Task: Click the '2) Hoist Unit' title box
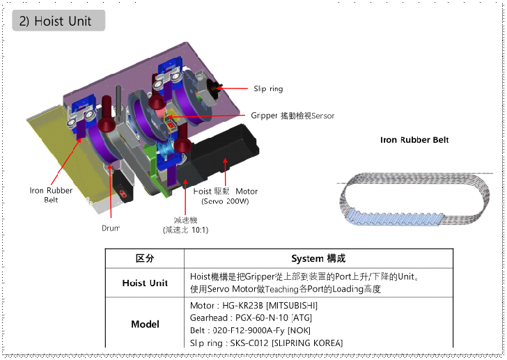click(x=59, y=21)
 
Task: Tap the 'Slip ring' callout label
click(x=268, y=89)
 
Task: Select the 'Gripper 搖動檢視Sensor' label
click(x=288, y=116)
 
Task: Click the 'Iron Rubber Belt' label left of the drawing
click(x=51, y=195)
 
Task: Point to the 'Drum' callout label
click(x=111, y=228)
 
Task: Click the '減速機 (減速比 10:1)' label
click(x=185, y=224)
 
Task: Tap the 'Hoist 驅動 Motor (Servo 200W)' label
click(x=225, y=196)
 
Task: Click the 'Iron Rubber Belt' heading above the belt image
click(x=414, y=140)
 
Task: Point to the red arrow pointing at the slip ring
click(x=233, y=88)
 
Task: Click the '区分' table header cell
click(x=144, y=258)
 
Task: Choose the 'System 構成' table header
click(x=318, y=258)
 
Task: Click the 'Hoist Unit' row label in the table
click(x=144, y=283)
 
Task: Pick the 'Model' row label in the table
click(x=144, y=324)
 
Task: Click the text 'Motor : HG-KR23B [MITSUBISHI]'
click(x=253, y=305)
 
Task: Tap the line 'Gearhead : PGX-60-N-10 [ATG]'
click(x=251, y=318)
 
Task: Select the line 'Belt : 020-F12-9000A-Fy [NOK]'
click(x=250, y=330)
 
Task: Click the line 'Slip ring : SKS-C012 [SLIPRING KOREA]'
click(x=266, y=343)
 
